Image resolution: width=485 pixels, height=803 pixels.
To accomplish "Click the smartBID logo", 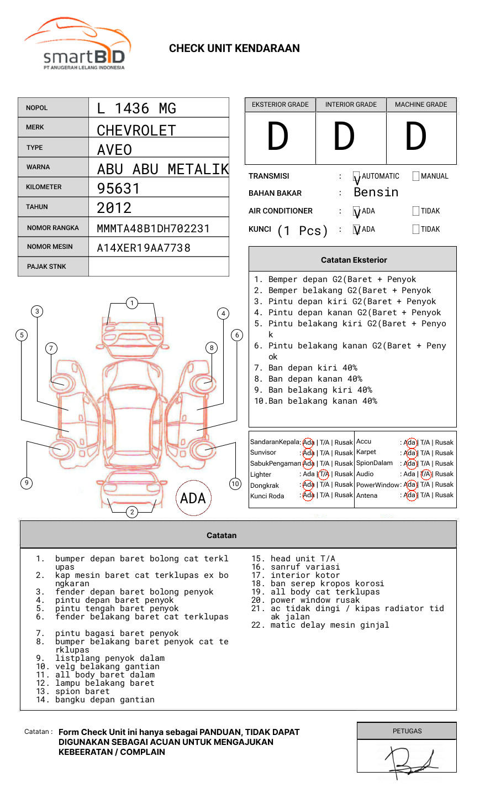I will click(x=77, y=44).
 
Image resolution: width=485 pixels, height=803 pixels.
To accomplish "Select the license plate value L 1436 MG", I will click(x=136, y=108).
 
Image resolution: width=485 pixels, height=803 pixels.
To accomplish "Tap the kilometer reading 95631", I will click(x=118, y=189).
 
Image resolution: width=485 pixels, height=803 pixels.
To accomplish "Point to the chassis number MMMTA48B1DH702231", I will click(x=153, y=228).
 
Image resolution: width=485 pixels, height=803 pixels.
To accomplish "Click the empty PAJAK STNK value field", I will click(x=159, y=267).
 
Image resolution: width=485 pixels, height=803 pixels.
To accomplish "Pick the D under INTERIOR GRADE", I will click(x=344, y=137).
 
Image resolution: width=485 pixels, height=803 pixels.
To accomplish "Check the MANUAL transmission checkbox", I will click(x=416, y=176).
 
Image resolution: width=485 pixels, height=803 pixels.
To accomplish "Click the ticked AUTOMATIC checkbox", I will click(x=357, y=177).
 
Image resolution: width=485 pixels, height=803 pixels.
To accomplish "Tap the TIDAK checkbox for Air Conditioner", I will click(x=416, y=211).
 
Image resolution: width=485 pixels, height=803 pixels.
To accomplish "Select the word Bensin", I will click(x=376, y=192).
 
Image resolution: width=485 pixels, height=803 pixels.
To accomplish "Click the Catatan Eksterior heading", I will click(x=354, y=260).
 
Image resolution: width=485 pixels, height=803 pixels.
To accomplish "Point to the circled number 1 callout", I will click(x=131, y=303).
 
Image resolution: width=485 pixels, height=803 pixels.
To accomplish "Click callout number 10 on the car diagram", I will click(x=235, y=484).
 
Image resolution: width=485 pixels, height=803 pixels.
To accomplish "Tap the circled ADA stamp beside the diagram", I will click(x=193, y=498).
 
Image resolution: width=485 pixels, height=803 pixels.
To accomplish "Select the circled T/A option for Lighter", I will click(x=324, y=474).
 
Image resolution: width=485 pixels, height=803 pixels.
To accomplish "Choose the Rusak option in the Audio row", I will click(x=444, y=474).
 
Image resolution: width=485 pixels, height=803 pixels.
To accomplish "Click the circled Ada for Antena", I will click(x=410, y=495).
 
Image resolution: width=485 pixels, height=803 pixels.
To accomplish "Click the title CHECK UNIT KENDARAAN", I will click(x=234, y=49).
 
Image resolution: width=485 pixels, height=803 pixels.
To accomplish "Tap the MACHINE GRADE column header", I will click(x=421, y=105).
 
